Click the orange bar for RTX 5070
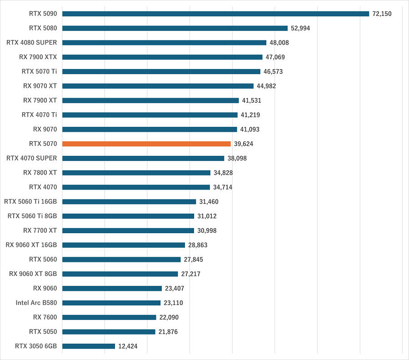click(146, 144)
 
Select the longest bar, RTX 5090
click(215, 14)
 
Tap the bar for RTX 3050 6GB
click(89, 346)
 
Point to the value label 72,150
click(382, 14)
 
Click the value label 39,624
click(244, 144)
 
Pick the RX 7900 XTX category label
click(38, 57)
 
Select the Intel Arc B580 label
click(36, 303)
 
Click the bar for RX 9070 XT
click(158, 86)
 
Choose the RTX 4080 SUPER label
click(32, 42)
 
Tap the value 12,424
click(128, 346)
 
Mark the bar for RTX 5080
click(175, 28)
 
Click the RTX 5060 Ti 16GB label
click(30, 201)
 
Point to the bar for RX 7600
click(109, 317)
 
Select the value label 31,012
click(207, 216)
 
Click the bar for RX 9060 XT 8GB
click(120, 274)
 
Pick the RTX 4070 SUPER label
click(32, 158)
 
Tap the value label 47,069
click(275, 57)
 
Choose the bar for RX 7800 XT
click(136, 173)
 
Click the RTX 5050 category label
click(43, 331)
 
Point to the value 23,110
click(174, 303)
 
